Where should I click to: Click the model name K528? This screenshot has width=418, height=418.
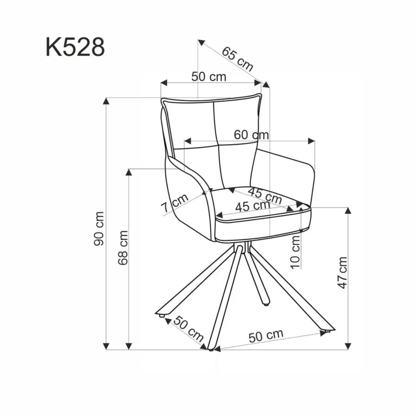(x=75, y=48)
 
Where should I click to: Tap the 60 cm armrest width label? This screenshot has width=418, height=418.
(x=251, y=135)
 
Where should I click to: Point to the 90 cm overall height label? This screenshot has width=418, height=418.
(x=99, y=228)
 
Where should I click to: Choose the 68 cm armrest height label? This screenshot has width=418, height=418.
(x=123, y=248)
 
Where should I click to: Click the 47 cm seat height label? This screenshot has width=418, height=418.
(x=343, y=272)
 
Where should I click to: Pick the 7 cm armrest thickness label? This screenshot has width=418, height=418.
(x=175, y=203)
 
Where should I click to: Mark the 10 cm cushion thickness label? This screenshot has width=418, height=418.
(x=295, y=252)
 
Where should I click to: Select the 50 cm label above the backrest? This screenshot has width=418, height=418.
(x=209, y=77)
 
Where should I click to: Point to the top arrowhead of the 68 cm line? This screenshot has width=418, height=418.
(x=129, y=172)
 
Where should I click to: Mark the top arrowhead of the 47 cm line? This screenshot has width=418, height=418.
(x=348, y=211)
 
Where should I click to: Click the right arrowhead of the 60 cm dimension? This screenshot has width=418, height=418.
(x=312, y=141)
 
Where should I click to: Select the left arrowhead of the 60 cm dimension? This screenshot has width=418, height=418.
(x=188, y=141)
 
